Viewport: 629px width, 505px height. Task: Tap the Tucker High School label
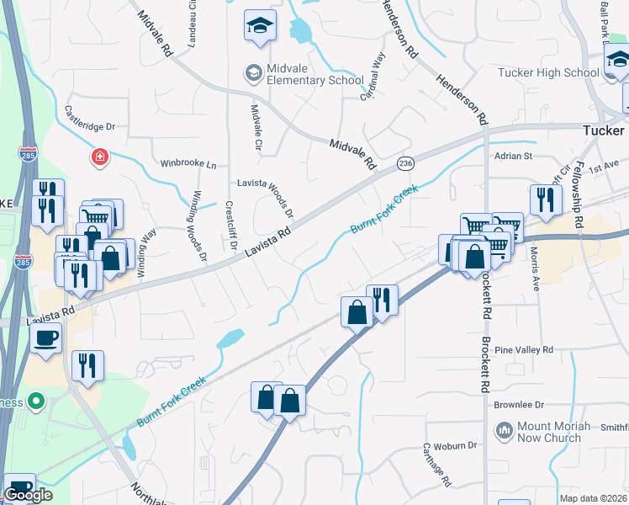[560, 72]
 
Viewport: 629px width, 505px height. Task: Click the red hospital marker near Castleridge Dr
[101, 157]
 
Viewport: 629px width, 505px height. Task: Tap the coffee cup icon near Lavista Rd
[45, 338]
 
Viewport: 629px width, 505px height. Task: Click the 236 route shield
[405, 162]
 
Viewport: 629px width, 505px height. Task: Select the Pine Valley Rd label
[524, 349]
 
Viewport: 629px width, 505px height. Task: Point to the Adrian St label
[514, 156]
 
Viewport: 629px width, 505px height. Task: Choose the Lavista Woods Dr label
[264, 197]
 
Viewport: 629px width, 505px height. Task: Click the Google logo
[28, 495]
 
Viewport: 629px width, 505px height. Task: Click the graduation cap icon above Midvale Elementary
[260, 27]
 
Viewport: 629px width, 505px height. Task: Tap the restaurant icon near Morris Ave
[546, 199]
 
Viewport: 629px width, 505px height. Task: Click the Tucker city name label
[604, 130]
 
